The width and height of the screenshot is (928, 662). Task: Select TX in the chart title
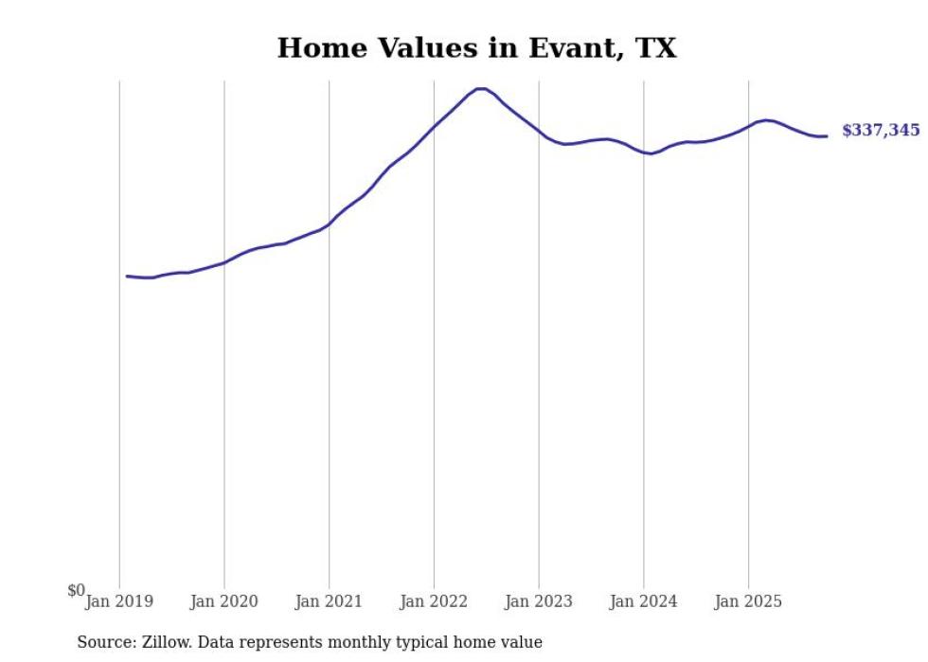(656, 48)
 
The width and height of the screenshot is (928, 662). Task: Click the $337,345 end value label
(880, 131)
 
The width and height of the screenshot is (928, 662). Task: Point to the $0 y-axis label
(76, 590)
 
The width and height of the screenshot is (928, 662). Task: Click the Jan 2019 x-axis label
(119, 601)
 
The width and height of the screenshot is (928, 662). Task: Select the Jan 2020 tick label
(223, 601)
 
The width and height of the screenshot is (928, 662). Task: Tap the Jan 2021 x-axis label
(329, 601)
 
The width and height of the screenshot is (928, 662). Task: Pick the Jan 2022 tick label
(434, 601)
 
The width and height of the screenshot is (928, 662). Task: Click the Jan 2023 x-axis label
(539, 601)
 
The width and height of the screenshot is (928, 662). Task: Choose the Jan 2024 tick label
(644, 601)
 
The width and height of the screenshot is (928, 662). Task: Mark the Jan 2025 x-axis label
(748, 601)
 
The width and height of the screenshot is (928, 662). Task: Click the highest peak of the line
(481, 89)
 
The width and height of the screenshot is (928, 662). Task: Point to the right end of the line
(827, 136)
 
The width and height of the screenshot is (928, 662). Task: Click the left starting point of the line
(127, 276)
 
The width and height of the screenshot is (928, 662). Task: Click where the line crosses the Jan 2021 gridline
(329, 224)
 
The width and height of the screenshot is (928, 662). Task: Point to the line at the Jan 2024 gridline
(644, 152)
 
